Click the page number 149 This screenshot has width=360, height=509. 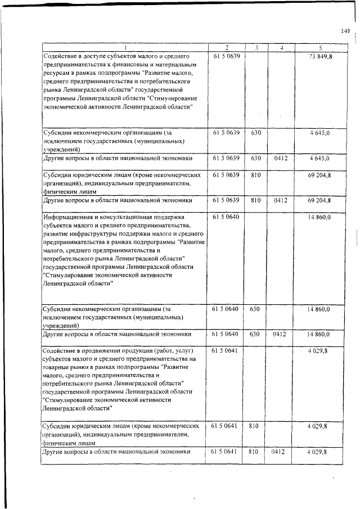coord(345,31)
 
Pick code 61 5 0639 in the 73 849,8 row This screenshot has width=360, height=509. coord(227,56)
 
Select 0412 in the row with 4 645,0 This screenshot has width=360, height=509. coord(280,159)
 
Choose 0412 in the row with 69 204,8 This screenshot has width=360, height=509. coord(280,200)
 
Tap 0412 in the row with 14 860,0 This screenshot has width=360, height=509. coord(280,335)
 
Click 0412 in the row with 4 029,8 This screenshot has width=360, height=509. coord(280,452)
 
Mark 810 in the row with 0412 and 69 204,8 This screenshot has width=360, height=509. coord(255,200)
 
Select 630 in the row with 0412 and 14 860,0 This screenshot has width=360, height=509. coord(255,335)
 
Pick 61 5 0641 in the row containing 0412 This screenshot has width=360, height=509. coord(227,452)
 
